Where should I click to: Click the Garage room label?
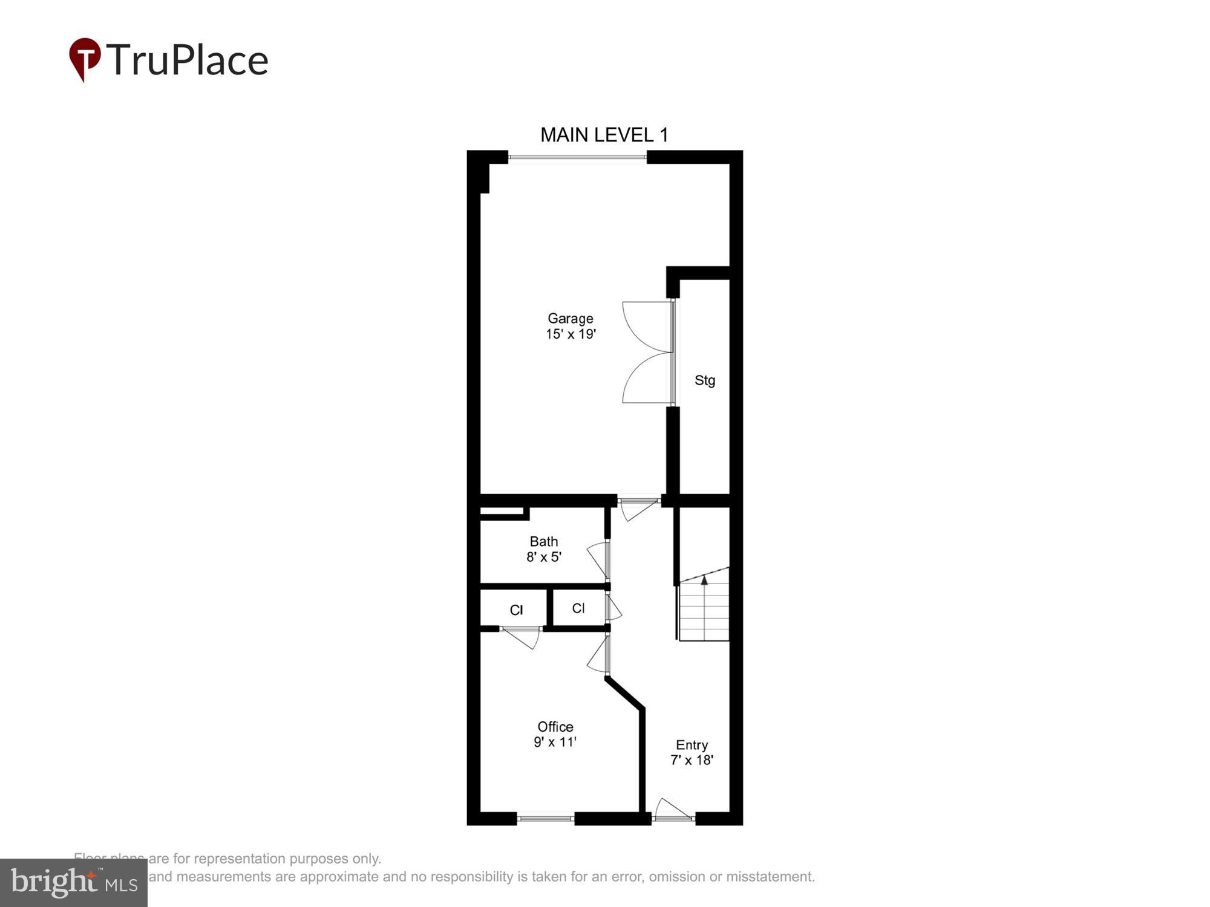(570, 318)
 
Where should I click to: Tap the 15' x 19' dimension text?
(571, 334)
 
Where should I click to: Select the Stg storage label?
(704, 380)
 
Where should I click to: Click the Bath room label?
(543, 541)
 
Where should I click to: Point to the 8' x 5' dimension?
(543, 557)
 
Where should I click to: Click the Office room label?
(555, 727)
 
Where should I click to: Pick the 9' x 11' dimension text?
(555, 742)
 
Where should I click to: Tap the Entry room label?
(692, 745)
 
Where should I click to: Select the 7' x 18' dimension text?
(692, 760)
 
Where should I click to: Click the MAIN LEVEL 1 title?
(604, 135)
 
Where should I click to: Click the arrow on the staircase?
(704, 580)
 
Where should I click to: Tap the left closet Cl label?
(516, 610)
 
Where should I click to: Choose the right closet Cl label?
(578, 608)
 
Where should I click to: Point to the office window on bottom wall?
(545, 819)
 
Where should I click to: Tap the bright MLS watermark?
(74, 883)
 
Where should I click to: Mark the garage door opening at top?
(577, 158)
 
